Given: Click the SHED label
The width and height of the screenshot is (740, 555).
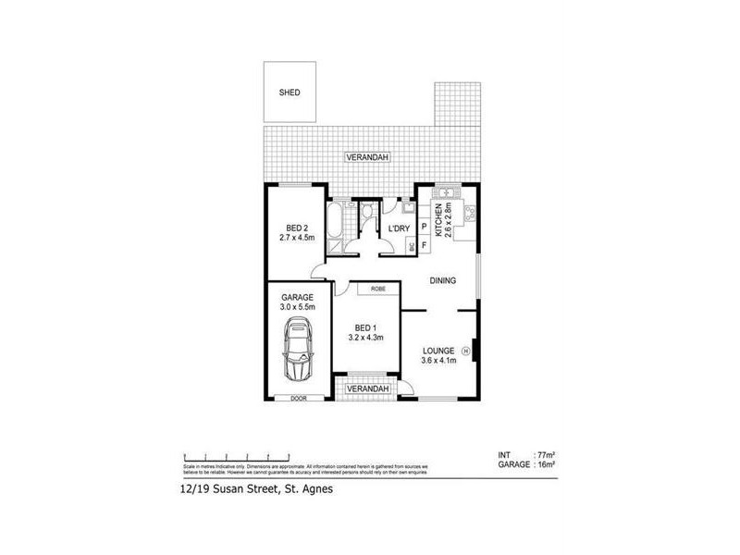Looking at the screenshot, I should coord(290,92).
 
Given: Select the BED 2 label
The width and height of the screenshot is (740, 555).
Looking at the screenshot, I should coord(296,228).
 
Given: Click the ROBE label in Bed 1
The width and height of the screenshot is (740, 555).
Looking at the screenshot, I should coord(377,289).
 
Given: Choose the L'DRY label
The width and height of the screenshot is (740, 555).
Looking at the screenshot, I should coord(399,228).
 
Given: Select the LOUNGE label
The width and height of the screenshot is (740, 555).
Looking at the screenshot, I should coord(438,351).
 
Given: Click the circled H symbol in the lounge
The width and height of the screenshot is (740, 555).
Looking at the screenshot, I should coord(466,351).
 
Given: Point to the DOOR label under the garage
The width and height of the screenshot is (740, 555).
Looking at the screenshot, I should coord(298,399).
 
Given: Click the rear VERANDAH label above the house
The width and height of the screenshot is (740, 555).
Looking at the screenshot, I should coord(368,158).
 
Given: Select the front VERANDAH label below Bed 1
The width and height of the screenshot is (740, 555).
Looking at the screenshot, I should coord(366,389).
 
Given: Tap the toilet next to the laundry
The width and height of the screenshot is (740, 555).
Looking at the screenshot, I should coord(368,214).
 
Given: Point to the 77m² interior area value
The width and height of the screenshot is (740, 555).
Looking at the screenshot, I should coord(546,455).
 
